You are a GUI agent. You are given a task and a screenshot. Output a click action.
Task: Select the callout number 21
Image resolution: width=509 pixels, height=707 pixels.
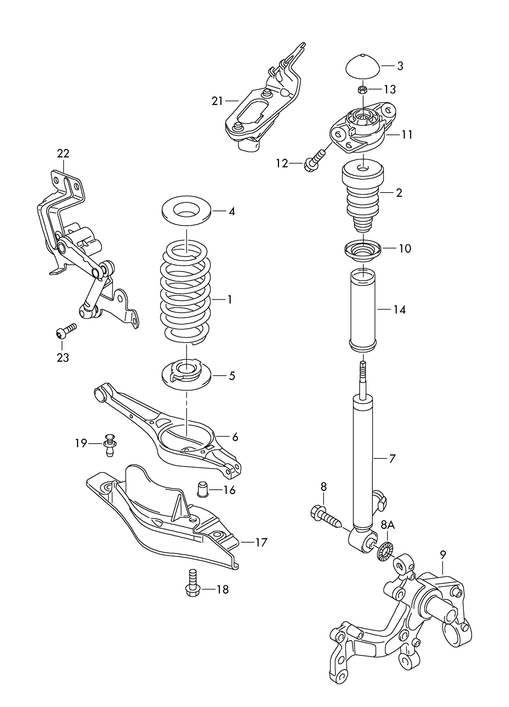click(217, 101)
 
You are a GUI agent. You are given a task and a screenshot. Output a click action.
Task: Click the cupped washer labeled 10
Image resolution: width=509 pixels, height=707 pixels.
click(363, 251)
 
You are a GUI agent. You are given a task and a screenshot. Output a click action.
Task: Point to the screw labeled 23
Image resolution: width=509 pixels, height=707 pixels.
click(66, 331)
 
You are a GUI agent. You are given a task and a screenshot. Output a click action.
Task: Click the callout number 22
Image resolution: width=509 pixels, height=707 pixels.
click(63, 154)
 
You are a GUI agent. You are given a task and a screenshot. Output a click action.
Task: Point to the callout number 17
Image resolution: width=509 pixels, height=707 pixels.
click(261, 542)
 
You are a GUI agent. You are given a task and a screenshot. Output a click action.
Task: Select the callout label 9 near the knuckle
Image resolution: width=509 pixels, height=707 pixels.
click(443, 555)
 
